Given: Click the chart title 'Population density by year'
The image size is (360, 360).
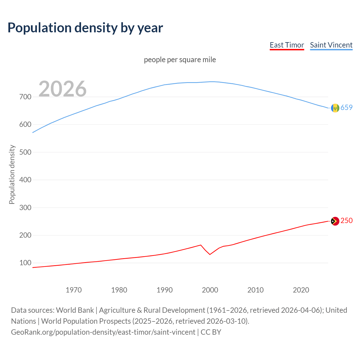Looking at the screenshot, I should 85,28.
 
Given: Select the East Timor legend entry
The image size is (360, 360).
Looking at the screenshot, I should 287,45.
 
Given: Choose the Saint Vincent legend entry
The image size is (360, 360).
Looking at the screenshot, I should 331,45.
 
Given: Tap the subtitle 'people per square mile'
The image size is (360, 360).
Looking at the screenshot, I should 180,60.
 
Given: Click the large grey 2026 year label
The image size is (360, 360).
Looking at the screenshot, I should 62,89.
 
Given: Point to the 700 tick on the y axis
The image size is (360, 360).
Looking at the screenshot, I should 25,97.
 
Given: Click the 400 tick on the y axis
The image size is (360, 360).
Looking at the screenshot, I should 25,180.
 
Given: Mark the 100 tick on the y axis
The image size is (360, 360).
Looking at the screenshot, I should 25,263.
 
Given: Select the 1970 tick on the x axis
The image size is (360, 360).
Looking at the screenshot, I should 74,290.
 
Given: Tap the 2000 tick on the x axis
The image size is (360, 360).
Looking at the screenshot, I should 210,290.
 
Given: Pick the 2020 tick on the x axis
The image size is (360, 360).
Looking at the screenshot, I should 301,290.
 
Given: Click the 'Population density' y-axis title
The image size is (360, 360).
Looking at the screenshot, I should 12,174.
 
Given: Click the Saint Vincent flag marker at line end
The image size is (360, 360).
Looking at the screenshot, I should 335,108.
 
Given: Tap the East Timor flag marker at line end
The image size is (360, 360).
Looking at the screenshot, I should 335,221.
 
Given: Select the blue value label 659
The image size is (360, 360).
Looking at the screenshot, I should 346,107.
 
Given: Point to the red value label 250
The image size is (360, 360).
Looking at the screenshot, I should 346,220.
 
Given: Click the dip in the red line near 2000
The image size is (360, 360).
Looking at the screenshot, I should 210,254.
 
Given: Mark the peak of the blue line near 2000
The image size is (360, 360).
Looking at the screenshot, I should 212,82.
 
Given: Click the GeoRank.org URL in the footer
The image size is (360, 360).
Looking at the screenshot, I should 103,332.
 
